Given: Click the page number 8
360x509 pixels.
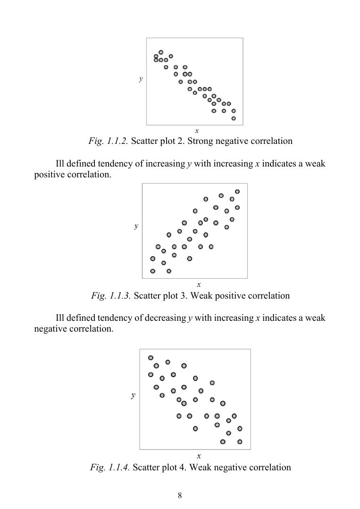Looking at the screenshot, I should [180, 495].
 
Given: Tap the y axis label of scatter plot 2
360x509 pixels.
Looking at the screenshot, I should [141, 79].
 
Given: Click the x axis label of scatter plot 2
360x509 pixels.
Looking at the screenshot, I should [196, 130].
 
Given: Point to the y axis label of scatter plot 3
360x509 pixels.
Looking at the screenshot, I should [136, 226].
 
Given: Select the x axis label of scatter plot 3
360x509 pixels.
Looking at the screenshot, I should [199, 284].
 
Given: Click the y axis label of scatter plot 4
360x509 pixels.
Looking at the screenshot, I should [134, 395].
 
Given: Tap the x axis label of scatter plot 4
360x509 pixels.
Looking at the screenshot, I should [199, 456].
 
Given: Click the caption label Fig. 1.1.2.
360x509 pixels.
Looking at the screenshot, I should [108, 141].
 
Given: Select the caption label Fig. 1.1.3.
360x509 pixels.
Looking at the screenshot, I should [111, 296].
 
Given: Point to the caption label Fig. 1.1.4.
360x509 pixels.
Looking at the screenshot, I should [110, 467].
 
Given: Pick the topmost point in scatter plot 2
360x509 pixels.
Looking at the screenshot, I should [161, 52].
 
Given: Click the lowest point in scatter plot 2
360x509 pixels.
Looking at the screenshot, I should [234, 118].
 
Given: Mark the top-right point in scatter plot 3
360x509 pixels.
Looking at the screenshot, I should [237, 192].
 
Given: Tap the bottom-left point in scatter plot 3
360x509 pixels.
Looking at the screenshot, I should [152, 271].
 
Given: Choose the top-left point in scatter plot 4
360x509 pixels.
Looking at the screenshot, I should [151, 358].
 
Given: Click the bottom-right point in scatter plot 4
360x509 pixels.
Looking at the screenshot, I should [240, 442].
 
